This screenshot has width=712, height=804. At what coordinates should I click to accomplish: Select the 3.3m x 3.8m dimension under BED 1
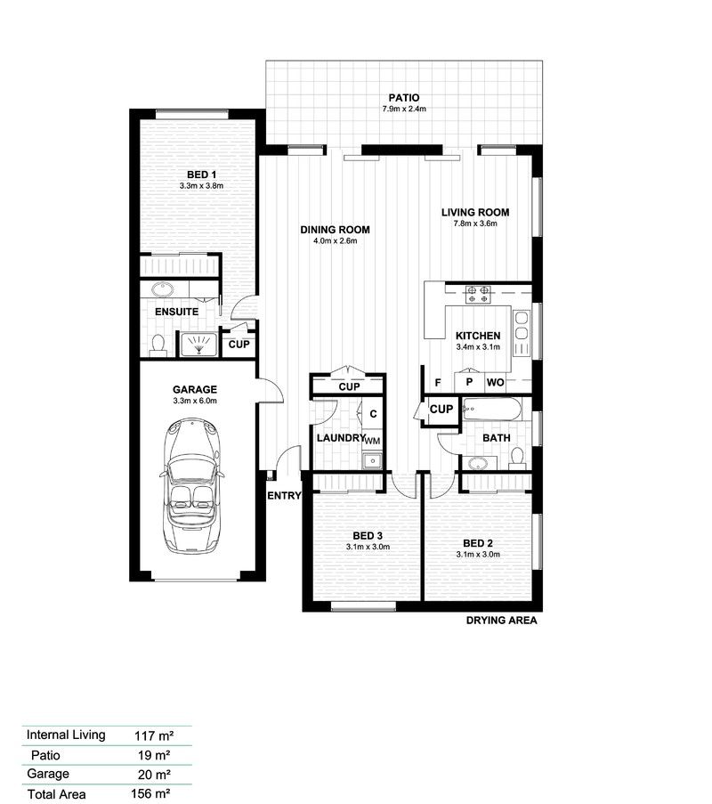click(x=199, y=186)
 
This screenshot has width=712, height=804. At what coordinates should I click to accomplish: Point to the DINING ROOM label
click(x=335, y=230)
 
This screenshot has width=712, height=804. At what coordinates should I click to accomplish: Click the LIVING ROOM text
click(x=475, y=212)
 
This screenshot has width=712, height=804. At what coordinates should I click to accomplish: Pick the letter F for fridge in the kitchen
click(x=438, y=383)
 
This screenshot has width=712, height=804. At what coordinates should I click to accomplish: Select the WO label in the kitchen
click(x=495, y=383)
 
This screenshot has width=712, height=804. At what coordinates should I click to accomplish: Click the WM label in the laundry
click(x=372, y=441)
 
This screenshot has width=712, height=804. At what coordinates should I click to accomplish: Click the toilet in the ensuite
click(x=158, y=345)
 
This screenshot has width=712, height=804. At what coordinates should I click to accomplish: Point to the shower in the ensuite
click(x=198, y=344)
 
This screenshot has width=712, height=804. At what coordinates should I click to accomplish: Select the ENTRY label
click(x=285, y=496)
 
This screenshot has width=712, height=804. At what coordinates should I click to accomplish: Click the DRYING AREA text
click(x=501, y=621)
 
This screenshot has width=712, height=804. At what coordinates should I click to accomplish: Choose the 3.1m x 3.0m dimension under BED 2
click(x=478, y=554)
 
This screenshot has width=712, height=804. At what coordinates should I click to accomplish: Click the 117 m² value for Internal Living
click(x=152, y=735)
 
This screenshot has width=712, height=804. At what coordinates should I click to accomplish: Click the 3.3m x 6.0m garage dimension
click(x=195, y=402)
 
